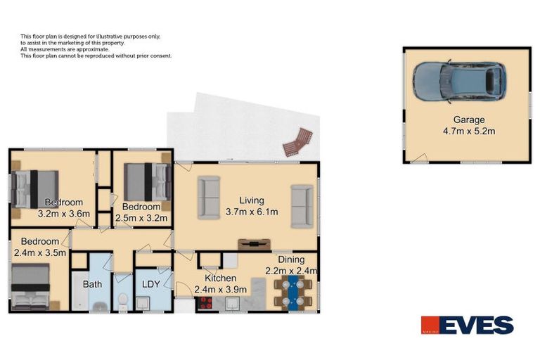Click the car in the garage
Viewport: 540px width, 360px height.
[x=459, y=79]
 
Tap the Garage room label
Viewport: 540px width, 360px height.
[x=468, y=120]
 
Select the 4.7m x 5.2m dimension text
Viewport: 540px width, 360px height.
[x=468, y=131]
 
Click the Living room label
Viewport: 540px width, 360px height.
[x=252, y=200]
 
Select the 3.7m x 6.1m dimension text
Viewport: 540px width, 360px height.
[x=252, y=212]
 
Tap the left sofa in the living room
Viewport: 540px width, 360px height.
[x=210, y=198]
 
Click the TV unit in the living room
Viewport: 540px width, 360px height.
[x=255, y=244]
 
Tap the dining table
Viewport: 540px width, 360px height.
[x=291, y=292]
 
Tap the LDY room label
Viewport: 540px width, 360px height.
[x=151, y=285]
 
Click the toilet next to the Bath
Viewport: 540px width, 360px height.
[x=122, y=302]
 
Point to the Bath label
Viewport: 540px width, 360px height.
[x=93, y=285]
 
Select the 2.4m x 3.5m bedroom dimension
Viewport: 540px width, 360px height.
[x=39, y=252]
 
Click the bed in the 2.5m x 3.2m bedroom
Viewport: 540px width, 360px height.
[x=148, y=182]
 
